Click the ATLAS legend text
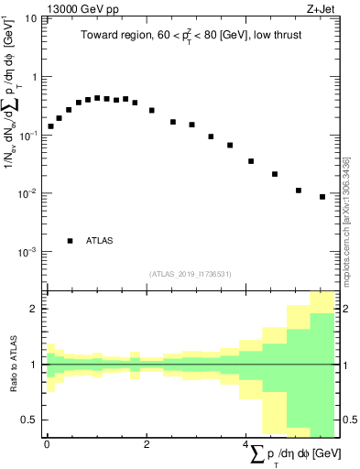click(x=100, y=241)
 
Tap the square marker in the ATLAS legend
click(x=70, y=241)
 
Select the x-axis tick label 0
click(x=47, y=445)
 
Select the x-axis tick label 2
click(x=147, y=445)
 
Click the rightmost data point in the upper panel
click(x=322, y=196)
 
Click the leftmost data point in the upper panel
click(x=51, y=126)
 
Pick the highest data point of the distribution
click(x=97, y=98)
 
